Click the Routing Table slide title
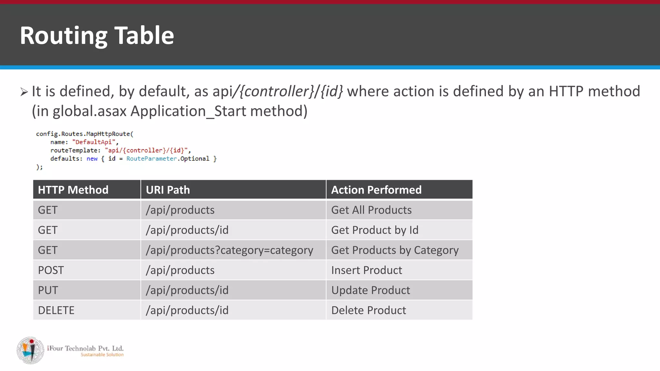coord(97,35)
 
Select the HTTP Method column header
coord(73,190)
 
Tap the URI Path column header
coord(168,190)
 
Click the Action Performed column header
coord(376,190)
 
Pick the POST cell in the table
coord(51,270)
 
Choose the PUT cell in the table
coord(48,290)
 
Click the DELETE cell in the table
coord(56,310)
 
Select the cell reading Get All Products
coord(371,210)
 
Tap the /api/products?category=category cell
coord(229,250)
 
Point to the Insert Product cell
coord(366,270)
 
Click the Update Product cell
coord(371,290)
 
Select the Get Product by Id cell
coord(374,230)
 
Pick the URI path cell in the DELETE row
coord(187,310)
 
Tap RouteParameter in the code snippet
coord(151,158)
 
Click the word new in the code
coord(92,158)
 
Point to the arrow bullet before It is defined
coord(24,92)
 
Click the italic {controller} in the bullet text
coord(277,91)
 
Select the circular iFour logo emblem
coord(31,350)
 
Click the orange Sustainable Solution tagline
coord(102,355)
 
